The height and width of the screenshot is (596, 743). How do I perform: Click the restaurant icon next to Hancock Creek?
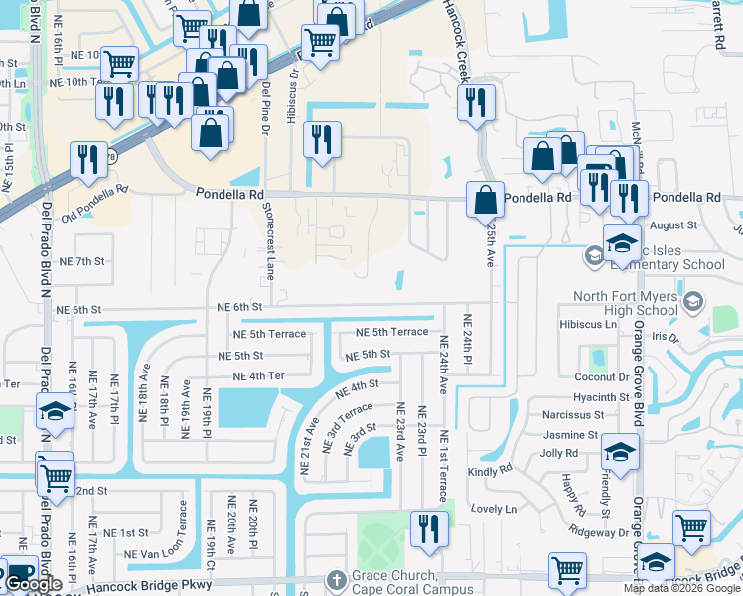point(476,102)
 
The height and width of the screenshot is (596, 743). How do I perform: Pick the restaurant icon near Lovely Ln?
point(428,527)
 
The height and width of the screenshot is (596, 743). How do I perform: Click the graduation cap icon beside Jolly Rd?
point(620,452)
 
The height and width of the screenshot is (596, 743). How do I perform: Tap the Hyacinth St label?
point(602,396)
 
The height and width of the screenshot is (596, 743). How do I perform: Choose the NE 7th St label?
point(82,261)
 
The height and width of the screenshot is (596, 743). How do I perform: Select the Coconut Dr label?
point(603,377)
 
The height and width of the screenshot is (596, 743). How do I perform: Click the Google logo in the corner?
point(33,585)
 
